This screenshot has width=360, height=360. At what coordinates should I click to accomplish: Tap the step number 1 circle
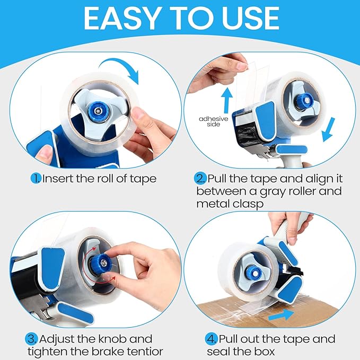click(36, 179)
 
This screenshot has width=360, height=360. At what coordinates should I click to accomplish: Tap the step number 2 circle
click(201, 179)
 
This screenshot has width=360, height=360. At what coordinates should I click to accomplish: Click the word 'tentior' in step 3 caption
click(143, 351)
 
